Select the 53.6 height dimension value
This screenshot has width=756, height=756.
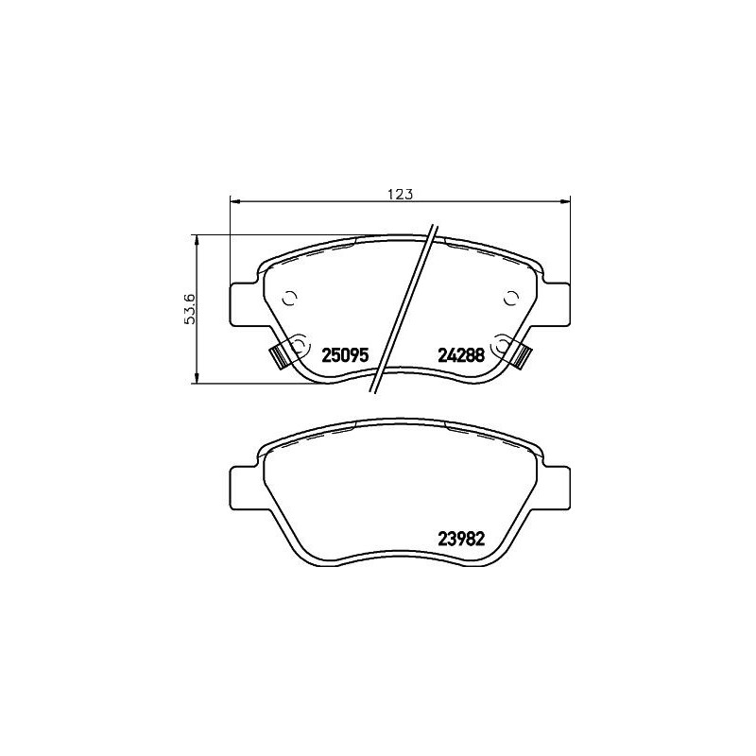coord(190,309)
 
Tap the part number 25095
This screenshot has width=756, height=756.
coord(344,356)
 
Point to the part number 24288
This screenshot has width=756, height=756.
coord(460,356)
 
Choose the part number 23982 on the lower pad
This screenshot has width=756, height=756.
coord(460,539)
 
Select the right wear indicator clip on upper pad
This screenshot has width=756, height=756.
coord(523,356)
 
